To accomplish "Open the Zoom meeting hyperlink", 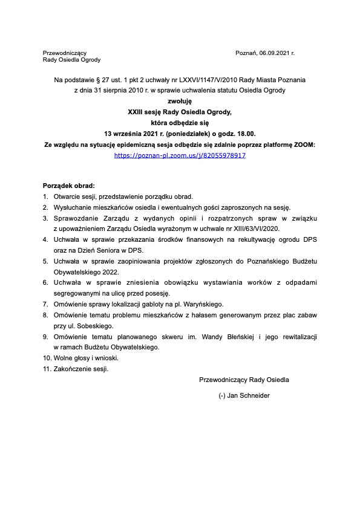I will (180, 155).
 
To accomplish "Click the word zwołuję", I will (180, 102).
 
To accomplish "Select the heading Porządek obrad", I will (69, 186).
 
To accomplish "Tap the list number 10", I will (47, 358).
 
